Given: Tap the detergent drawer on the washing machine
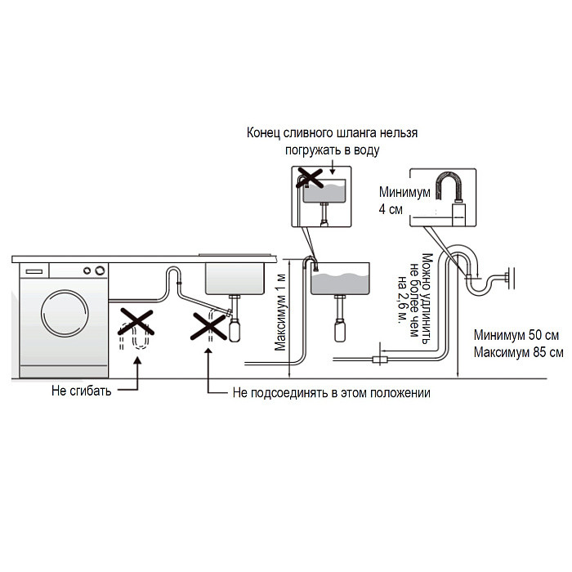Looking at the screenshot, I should [x=34, y=269].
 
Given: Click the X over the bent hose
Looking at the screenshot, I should [x=135, y=324].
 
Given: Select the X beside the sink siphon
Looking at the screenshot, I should [x=209, y=324].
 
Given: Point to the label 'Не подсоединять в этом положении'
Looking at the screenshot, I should [x=331, y=393].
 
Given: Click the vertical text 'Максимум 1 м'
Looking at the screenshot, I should [x=281, y=310].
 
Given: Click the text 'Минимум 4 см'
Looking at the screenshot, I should [x=391, y=202].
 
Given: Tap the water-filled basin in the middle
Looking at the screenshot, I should [x=341, y=280].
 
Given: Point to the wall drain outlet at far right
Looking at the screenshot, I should [x=508, y=277].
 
